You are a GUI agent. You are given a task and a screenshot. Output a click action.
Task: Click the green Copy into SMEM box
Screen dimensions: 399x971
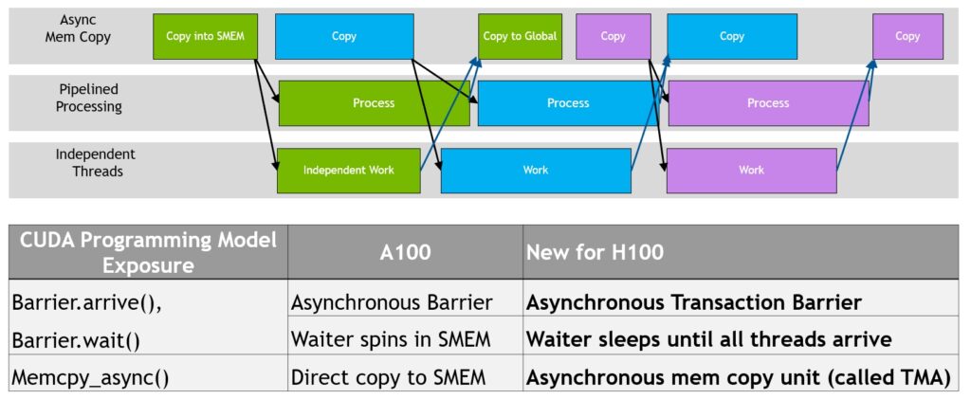(x=205, y=37)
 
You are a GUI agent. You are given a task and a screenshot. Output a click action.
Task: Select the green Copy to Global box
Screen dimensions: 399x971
(x=519, y=37)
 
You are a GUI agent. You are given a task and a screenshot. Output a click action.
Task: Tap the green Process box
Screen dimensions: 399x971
(x=374, y=103)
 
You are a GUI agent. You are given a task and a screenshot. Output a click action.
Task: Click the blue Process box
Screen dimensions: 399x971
(x=567, y=103)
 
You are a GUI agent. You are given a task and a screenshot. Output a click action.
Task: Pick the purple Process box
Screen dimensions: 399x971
(x=767, y=103)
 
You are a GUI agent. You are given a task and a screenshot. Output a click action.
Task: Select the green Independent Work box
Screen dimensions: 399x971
(x=348, y=171)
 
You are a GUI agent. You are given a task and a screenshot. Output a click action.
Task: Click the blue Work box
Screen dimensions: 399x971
(x=536, y=171)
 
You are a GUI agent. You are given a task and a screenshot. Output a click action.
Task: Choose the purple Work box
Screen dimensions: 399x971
(x=751, y=171)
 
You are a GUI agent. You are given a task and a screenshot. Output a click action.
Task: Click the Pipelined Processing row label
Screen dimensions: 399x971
(x=88, y=98)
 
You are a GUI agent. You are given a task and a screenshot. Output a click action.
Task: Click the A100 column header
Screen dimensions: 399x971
(x=404, y=252)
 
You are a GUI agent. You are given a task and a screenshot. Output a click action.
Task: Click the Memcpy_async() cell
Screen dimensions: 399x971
(x=90, y=377)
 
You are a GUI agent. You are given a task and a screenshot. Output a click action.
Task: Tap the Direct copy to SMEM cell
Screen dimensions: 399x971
(x=389, y=377)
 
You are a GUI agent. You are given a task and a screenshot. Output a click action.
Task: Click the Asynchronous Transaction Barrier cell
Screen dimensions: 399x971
(x=693, y=302)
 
